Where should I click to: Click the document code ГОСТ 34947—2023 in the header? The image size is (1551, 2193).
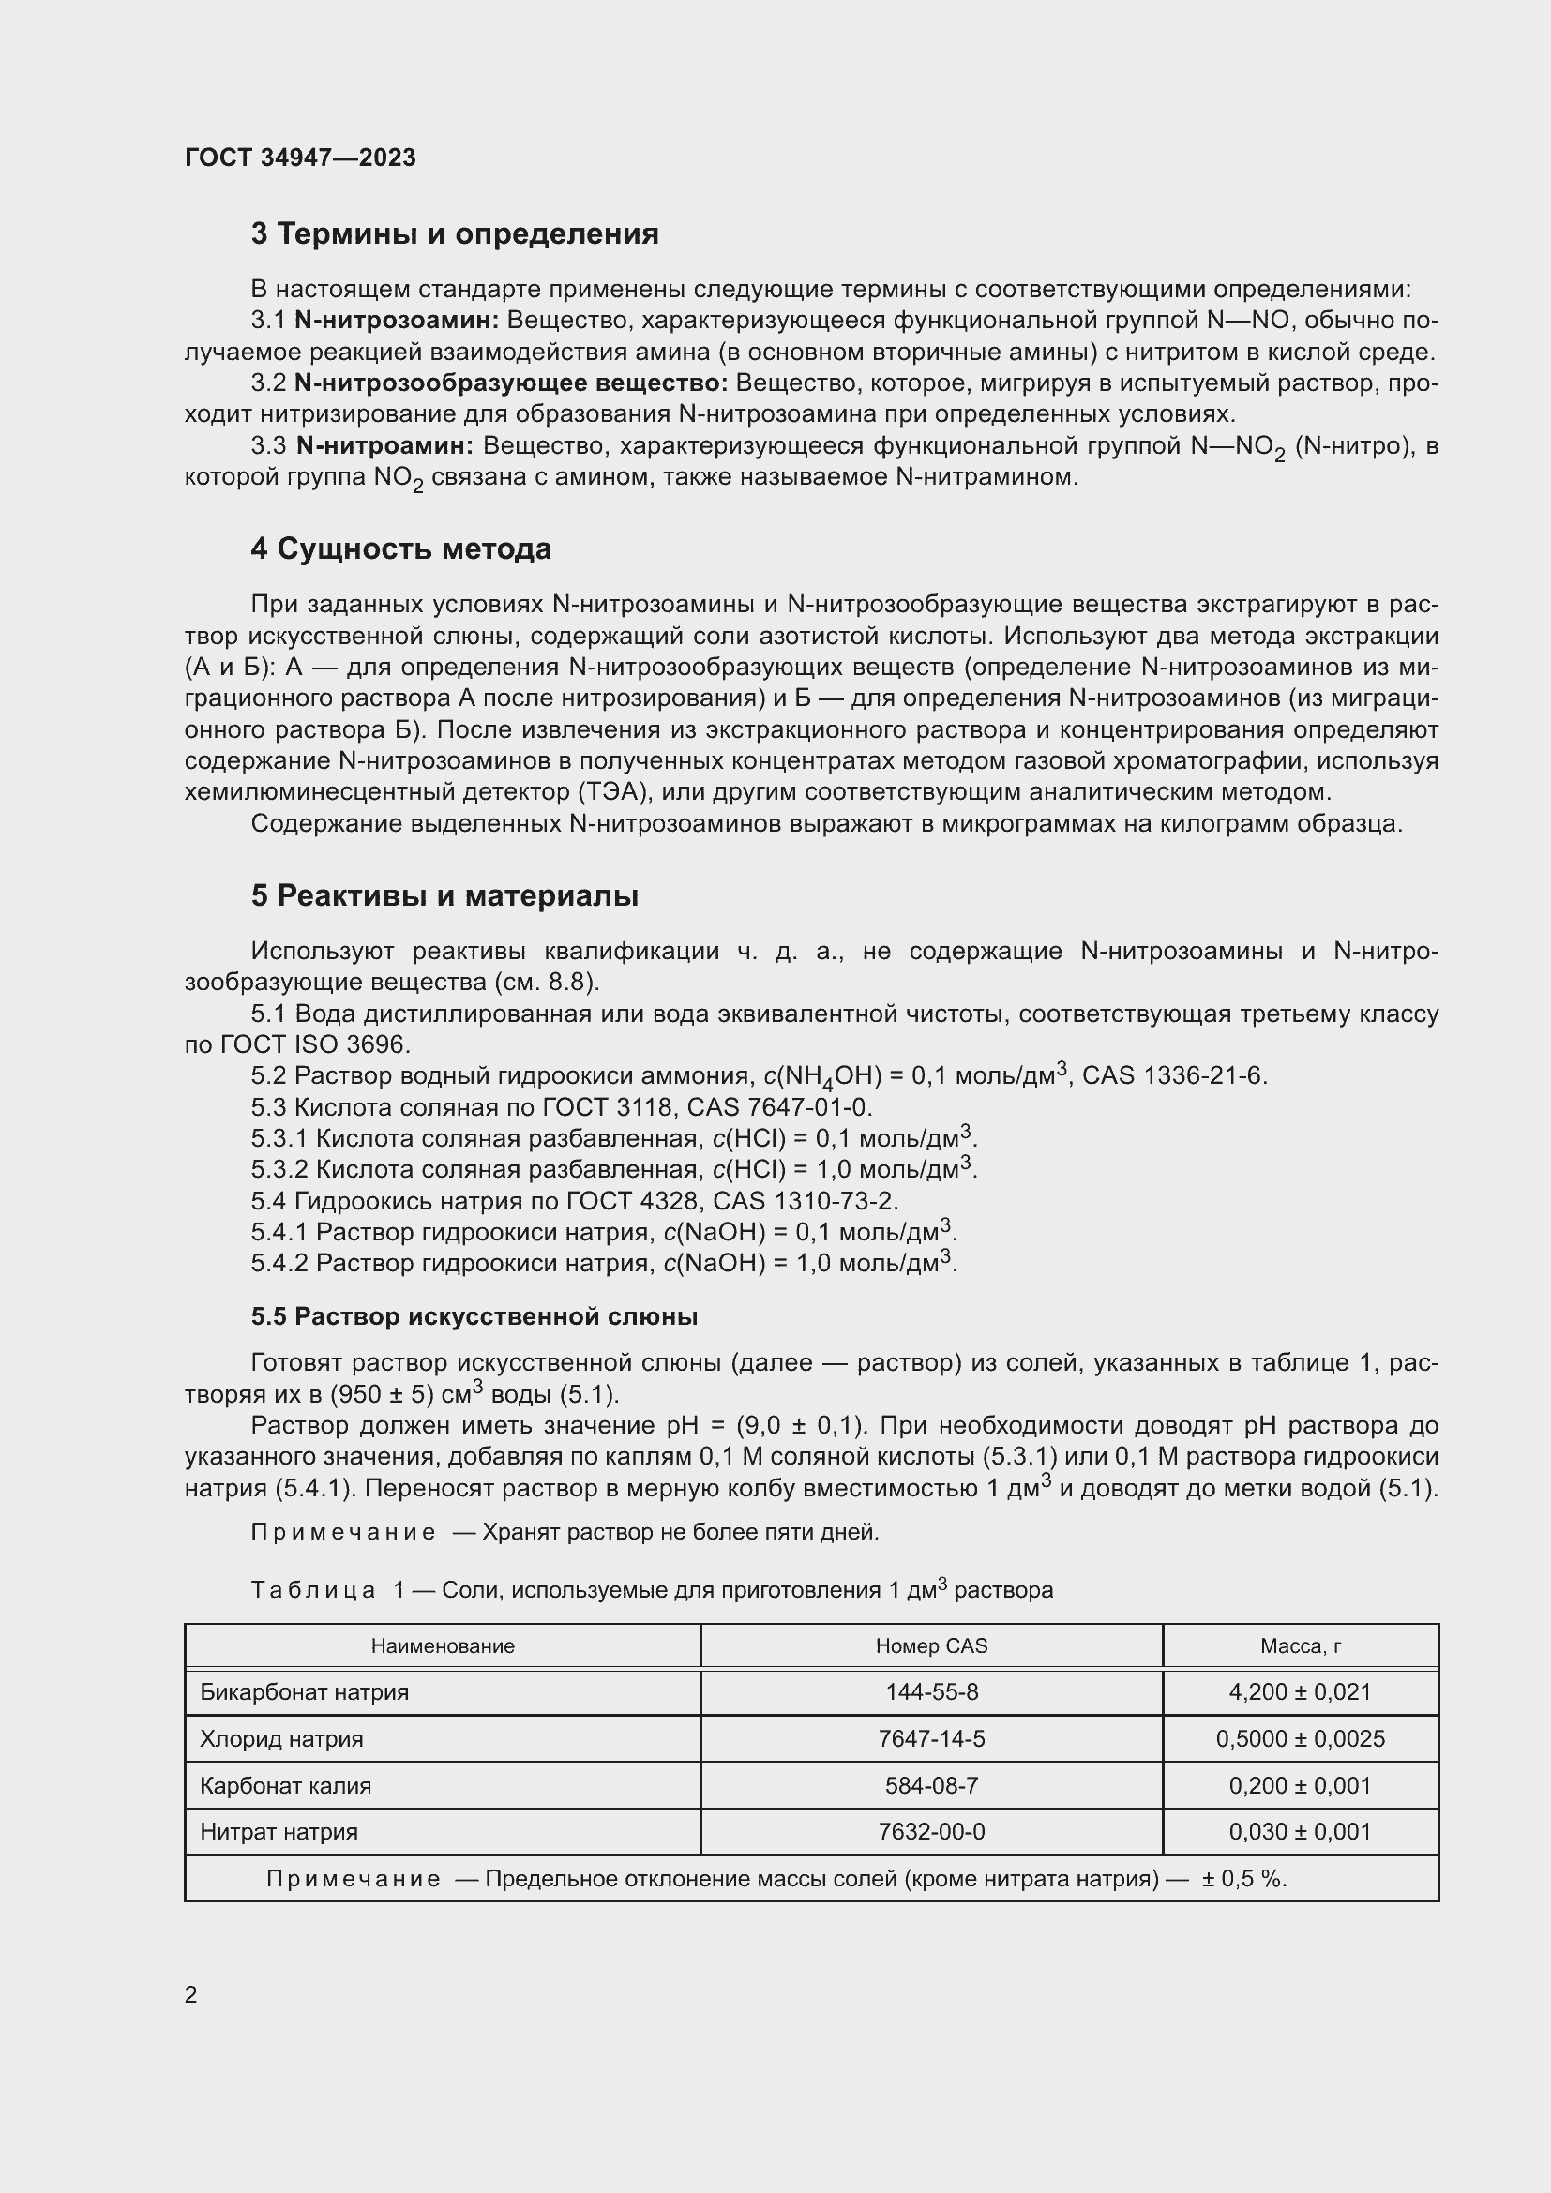click(300, 158)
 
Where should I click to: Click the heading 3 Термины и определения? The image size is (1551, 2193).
click(455, 234)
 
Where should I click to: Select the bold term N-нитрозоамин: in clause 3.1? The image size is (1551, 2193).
click(397, 320)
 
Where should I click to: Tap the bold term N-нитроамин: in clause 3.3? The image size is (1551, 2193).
click(384, 446)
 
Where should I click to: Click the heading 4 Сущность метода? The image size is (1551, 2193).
click(401, 549)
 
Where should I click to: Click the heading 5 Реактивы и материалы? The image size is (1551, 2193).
click(445, 896)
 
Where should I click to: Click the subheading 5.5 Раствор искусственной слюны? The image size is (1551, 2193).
click(474, 1317)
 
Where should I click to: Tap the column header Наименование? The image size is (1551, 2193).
click(443, 1645)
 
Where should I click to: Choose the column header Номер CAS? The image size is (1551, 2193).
click(931, 1645)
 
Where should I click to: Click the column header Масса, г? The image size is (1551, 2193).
click(1300, 1645)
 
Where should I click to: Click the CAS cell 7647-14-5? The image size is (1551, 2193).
click(931, 1739)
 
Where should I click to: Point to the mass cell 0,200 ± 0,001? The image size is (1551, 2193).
click(1300, 1786)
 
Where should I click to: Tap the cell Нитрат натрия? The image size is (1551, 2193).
click(279, 1832)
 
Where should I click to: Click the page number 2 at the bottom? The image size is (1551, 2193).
click(191, 1995)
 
